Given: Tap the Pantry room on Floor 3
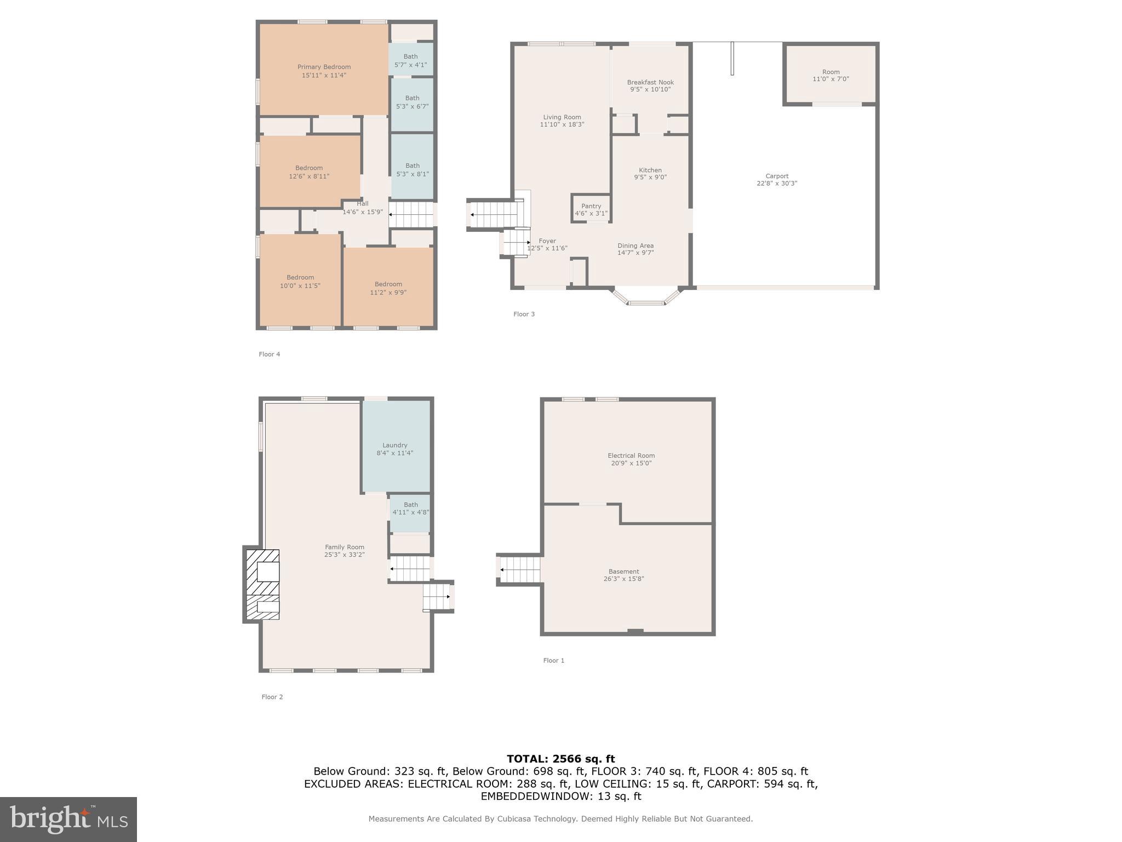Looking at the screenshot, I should coord(591,209).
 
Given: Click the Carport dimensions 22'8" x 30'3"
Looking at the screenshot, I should coord(776,184).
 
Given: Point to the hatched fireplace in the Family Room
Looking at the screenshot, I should coord(262,585).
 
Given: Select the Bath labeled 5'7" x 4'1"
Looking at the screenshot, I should coord(410,60).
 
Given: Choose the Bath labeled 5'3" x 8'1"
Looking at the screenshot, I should coord(412,169).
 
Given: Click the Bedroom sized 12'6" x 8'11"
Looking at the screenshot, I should coord(309,172).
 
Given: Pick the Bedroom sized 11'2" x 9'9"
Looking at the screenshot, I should coord(388,288).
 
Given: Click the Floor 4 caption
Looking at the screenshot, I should coord(269,354).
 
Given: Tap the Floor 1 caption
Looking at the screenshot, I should coord(553,661).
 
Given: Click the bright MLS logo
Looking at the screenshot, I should coord(68,820).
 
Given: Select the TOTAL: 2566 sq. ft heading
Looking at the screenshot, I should coord(560,759).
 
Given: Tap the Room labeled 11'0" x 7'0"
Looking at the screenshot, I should coord(831,75).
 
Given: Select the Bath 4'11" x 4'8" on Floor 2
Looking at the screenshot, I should coord(410,508).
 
